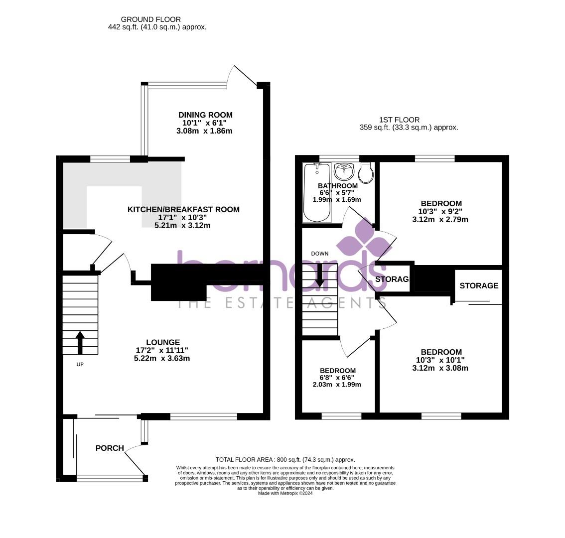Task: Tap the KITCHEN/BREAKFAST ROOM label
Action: [x=183, y=210]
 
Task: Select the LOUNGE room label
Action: [x=163, y=342]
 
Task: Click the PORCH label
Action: [x=110, y=448]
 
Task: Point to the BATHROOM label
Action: [x=338, y=186]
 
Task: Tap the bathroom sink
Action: [x=344, y=171]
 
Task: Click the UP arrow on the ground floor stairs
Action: [x=80, y=342]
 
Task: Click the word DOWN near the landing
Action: [x=319, y=254]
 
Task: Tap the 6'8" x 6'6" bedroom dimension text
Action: [x=337, y=378]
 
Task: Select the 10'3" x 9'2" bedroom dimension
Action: [x=441, y=211]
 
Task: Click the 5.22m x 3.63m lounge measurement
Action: [x=162, y=358]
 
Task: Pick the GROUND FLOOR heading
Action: [x=144, y=20]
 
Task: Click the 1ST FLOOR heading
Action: [x=399, y=120]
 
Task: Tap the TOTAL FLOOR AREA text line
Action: [x=285, y=460]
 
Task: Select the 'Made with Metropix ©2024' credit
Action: [x=285, y=493]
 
